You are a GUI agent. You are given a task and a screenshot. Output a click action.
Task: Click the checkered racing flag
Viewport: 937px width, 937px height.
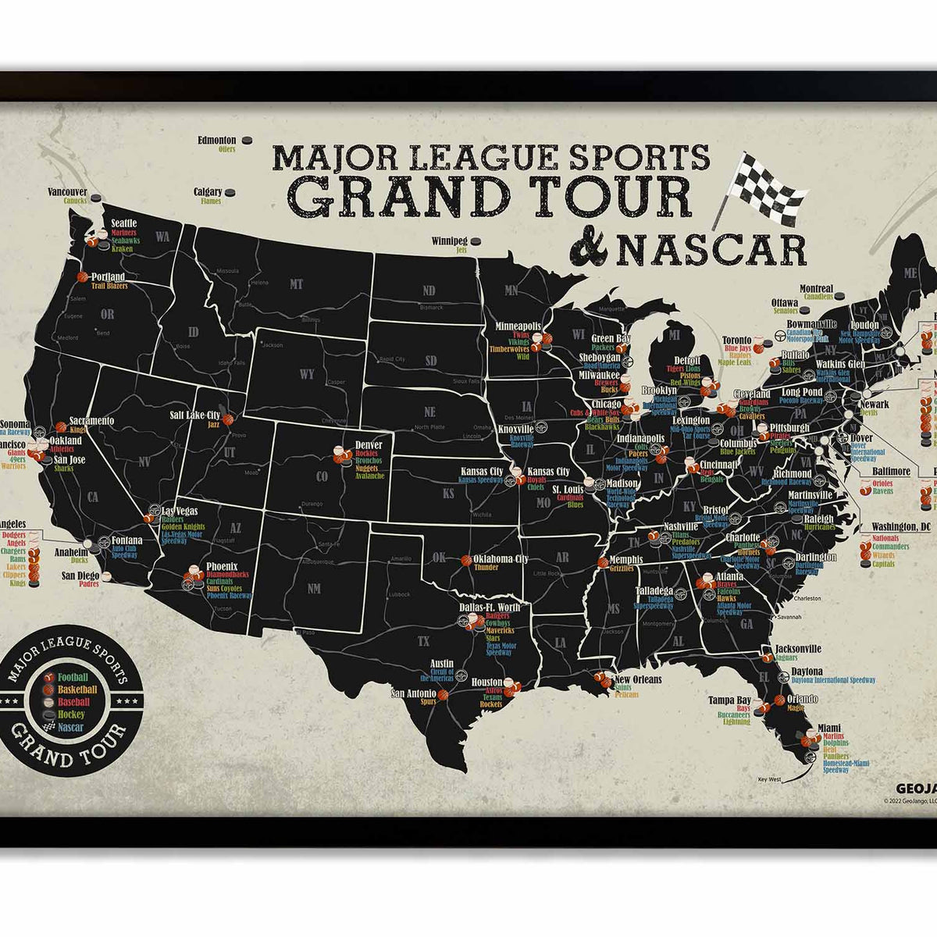766,188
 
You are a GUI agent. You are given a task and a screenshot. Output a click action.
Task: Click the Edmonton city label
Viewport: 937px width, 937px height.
217,141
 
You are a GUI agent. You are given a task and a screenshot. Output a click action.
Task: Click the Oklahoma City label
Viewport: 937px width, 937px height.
501,559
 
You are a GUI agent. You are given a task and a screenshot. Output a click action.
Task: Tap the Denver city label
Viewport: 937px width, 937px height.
368,445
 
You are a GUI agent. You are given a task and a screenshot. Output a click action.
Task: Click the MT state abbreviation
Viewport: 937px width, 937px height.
296,285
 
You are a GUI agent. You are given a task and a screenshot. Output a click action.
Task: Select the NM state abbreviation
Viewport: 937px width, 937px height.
314,588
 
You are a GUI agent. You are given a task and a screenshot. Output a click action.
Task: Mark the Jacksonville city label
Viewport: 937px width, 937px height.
798,649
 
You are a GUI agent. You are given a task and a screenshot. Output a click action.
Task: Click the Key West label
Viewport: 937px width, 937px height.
769,778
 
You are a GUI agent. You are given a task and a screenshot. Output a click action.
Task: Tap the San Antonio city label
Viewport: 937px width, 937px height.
413,693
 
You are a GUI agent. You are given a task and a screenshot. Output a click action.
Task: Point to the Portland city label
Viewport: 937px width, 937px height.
108,276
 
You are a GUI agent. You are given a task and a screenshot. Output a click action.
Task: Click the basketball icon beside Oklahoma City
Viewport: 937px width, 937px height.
466,560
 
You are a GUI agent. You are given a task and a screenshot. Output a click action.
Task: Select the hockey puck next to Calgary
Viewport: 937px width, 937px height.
232,192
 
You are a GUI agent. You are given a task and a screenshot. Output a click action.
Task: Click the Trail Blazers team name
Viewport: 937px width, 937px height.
109,286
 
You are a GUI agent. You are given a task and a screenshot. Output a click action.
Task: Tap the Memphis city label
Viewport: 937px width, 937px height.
626,560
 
